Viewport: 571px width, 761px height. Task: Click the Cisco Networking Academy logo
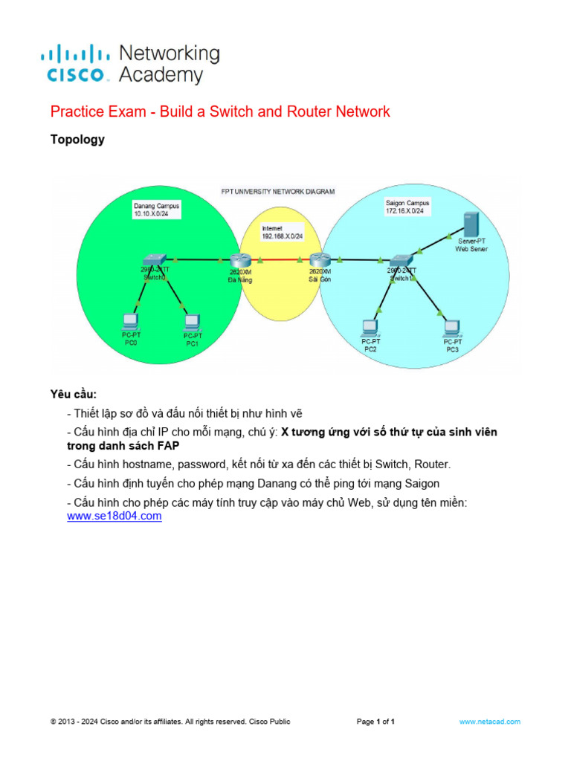pos(130,64)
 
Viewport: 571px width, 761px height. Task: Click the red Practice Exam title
pos(220,112)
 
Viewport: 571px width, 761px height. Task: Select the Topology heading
pos(77,140)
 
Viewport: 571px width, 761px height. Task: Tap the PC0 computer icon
pos(131,321)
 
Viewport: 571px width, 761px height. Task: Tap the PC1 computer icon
pos(192,322)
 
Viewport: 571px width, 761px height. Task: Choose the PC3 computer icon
pos(451,326)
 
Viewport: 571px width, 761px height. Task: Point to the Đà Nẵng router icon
pos(240,260)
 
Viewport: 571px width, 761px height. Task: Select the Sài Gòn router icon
pos(320,260)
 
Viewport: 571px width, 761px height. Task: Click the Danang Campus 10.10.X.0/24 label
pos(156,209)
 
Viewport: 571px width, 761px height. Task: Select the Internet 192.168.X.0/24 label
pos(279,231)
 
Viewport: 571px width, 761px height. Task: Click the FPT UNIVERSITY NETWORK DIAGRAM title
pos(278,191)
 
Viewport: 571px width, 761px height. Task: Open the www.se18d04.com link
pos(114,516)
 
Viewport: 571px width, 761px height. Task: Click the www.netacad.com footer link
pos(490,722)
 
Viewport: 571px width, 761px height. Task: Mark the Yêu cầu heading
pos(74,394)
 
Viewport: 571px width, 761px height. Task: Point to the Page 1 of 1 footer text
pos(375,722)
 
